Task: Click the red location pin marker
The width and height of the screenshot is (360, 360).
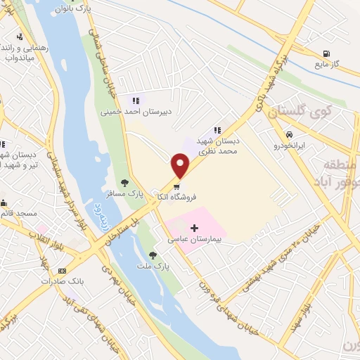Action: point(181,166)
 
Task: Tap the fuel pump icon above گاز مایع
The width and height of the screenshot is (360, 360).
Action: point(326,53)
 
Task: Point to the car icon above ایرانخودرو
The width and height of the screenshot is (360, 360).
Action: point(288,134)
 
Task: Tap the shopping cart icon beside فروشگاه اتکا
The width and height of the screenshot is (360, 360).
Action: point(176,187)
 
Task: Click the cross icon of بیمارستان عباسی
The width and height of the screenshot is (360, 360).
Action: point(195,228)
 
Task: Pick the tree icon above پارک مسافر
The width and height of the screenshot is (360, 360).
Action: point(125,183)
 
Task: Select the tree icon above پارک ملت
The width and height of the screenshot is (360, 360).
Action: point(153,255)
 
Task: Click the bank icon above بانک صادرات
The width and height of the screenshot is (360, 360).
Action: point(62,271)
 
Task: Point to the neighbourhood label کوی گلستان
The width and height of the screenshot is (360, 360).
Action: point(296,110)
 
